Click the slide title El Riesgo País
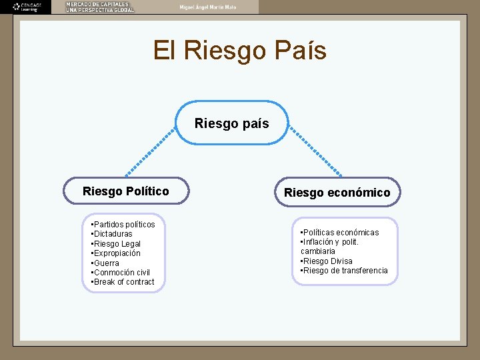click(240, 51)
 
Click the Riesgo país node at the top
click(232, 123)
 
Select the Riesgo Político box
click(126, 191)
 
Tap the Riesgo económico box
click(337, 193)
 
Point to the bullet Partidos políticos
click(123, 225)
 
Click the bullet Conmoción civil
click(121, 273)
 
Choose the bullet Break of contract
click(123, 282)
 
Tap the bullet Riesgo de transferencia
click(345, 271)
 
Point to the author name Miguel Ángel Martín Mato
click(207, 7)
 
